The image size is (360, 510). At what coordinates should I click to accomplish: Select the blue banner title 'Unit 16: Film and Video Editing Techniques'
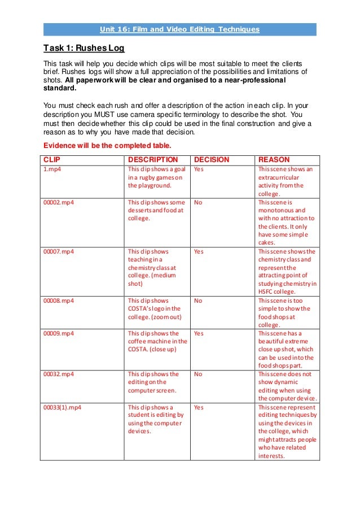tap(179, 29)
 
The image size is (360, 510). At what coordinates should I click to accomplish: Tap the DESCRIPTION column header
tap(153, 160)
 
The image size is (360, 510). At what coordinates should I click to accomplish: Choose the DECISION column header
tap(211, 160)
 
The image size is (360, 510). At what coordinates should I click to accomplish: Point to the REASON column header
tap(274, 160)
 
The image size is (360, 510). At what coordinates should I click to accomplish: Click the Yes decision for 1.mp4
tap(199, 169)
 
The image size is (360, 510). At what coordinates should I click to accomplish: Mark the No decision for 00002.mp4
tap(197, 202)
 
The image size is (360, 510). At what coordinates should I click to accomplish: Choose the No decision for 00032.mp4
tap(197, 374)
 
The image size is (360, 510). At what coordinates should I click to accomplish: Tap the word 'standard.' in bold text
tap(59, 89)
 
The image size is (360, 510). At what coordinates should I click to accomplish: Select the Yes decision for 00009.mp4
tap(199, 333)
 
